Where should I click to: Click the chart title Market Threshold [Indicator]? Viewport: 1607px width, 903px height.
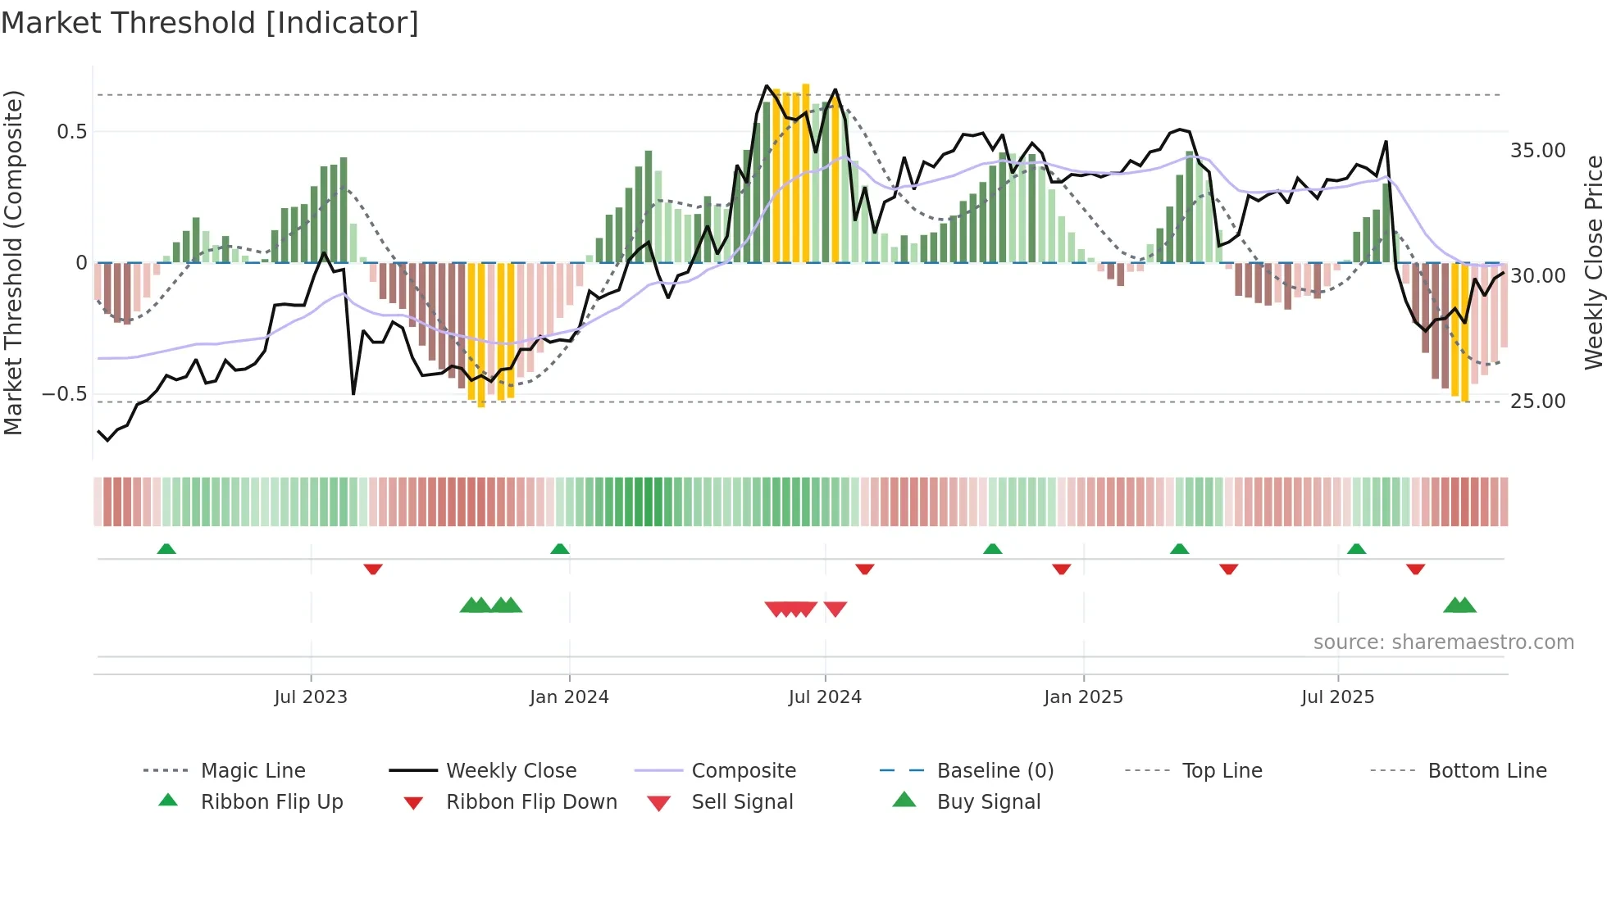pyautogui.click(x=210, y=23)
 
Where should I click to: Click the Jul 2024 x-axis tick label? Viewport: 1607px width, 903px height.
pyautogui.click(x=825, y=697)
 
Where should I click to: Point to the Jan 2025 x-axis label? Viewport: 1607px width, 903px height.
pyautogui.click(x=1083, y=697)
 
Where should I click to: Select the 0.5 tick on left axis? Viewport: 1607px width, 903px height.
pyautogui.click(x=71, y=132)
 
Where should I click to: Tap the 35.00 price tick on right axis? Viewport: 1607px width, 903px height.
pyautogui.click(x=1538, y=151)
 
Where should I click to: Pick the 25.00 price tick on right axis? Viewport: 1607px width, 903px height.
pyautogui.click(x=1538, y=402)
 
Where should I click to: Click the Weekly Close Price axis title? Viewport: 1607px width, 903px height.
pyautogui.click(x=1593, y=262)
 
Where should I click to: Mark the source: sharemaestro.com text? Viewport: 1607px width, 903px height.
pyautogui.click(x=1443, y=642)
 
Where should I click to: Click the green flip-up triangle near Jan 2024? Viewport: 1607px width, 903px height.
pyautogui.click(x=560, y=549)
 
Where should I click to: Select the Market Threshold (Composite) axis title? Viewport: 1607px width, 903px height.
pyautogui.click(x=13, y=262)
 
